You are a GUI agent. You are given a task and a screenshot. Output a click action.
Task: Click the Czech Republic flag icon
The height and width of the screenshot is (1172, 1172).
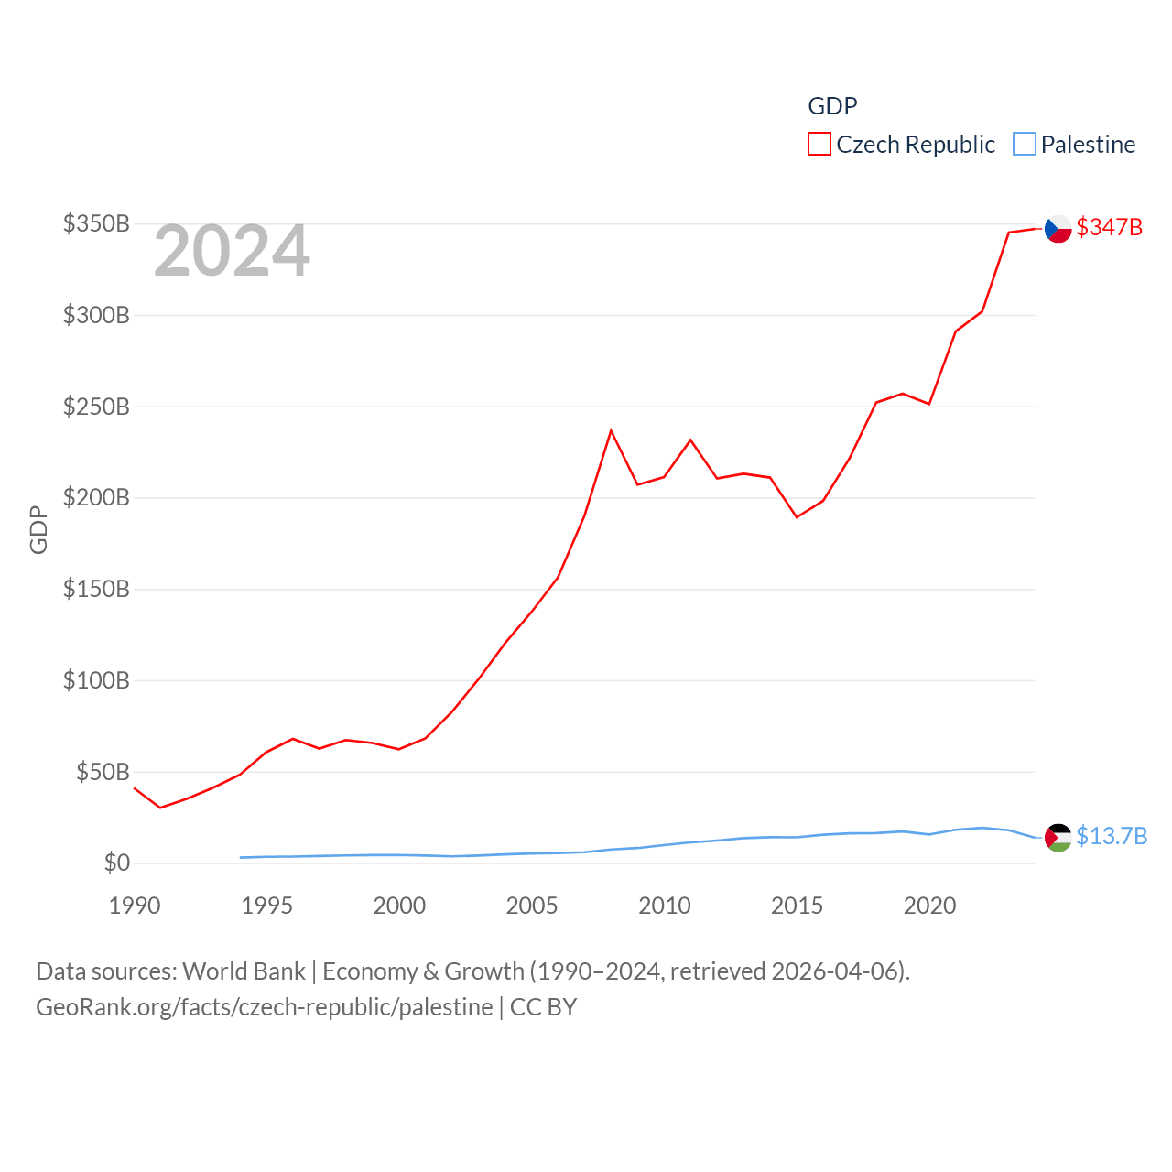pos(1058,228)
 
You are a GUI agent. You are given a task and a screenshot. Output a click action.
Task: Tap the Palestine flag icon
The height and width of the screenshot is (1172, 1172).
pos(1058,837)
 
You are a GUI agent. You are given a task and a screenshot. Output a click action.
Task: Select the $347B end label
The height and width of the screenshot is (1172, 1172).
pos(1110,227)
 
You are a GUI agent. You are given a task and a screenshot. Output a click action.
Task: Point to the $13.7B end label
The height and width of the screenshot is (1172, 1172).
pos(1112,836)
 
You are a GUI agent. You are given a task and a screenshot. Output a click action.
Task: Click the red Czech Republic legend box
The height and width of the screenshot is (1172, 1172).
pos(819,145)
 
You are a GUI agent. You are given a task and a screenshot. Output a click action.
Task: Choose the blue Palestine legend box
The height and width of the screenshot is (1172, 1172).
pos(1025,145)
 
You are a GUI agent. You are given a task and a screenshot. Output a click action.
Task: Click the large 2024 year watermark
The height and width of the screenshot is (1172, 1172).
pos(232,251)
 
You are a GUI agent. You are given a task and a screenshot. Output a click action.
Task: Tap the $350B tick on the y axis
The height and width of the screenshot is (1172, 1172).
pos(96,223)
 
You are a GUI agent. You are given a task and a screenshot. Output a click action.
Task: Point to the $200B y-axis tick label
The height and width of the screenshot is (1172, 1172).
pos(96,497)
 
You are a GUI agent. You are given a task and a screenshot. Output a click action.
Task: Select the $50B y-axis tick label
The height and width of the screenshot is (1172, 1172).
pos(103,772)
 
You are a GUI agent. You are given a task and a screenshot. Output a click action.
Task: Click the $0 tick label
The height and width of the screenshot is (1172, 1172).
pos(116,863)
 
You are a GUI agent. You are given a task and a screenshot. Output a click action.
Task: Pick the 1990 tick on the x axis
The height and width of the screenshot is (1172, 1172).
pos(135,906)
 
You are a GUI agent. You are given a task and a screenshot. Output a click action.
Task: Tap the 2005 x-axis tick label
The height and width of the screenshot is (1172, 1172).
pos(532,906)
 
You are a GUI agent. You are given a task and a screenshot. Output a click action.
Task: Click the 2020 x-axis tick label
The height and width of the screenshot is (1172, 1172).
pos(929,906)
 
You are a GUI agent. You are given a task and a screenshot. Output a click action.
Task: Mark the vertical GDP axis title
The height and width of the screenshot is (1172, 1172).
pos(38,529)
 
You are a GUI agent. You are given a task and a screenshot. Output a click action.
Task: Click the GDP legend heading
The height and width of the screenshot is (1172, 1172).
pos(832,106)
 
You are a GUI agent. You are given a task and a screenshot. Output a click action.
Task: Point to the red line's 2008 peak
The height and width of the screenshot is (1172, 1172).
pos(611,430)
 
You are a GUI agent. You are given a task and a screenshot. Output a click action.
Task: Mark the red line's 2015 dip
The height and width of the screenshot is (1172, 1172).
pos(797,517)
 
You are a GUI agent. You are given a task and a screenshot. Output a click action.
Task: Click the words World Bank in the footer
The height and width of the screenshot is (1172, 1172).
pos(244,971)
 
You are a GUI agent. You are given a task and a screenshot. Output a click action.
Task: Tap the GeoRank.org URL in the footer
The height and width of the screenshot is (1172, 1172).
pos(264,1007)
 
